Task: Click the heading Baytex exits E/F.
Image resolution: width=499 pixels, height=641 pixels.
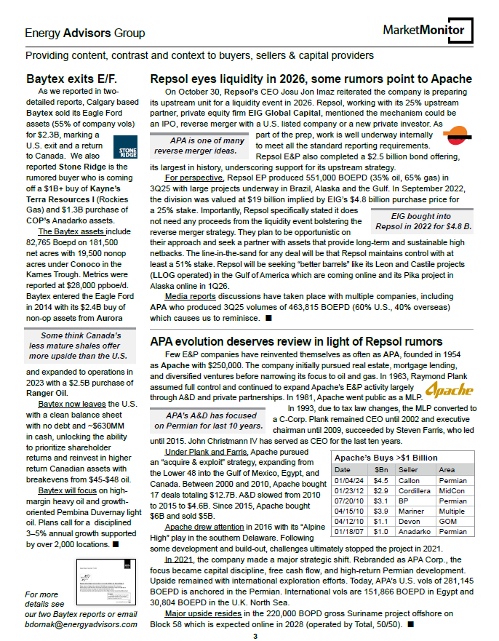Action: [x=71, y=79]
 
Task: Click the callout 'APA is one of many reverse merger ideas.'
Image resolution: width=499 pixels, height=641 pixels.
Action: [x=197, y=146]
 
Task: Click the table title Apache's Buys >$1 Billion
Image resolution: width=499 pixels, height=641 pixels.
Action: [x=385, y=458]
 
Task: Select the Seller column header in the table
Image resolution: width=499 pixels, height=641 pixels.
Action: [x=409, y=470]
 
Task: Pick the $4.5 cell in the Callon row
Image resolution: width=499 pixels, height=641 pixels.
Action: [x=380, y=480]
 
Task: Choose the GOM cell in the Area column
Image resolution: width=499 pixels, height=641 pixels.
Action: [x=447, y=521]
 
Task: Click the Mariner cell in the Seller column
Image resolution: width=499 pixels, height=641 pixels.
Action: [x=410, y=511]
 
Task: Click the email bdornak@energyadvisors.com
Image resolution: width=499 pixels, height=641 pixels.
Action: [x=80, y=624]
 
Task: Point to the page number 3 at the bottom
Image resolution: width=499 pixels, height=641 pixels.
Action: [x=255, y=637]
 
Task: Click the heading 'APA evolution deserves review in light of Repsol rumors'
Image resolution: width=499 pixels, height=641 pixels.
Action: [x=296, y=341]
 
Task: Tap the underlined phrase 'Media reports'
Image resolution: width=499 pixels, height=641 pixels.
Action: [x=187, y=297]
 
